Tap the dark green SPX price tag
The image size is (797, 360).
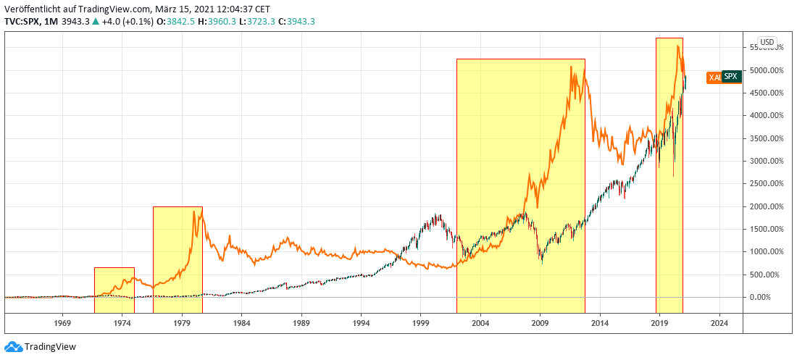[x=731, y=76]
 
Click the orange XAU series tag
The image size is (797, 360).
[x=714, y=77]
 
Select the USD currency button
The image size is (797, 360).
[x=766, y=41]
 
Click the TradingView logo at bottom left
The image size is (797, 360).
[x=41, y=347]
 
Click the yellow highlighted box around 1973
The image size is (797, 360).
[x=114, y=282]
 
